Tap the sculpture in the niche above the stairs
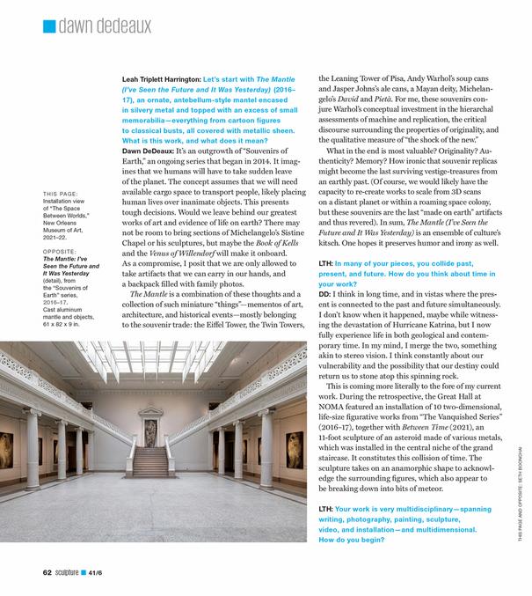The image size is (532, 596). [x=149, y=432]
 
